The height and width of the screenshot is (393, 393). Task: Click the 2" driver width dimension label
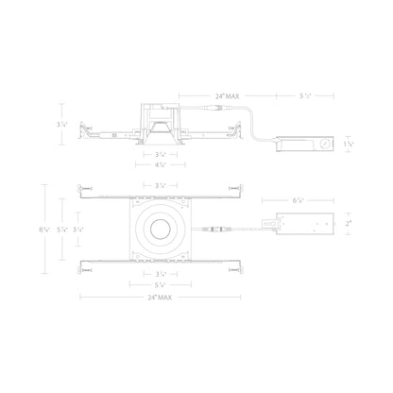(x=348, y=225)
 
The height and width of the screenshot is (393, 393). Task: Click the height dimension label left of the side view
(x=63, y=126)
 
